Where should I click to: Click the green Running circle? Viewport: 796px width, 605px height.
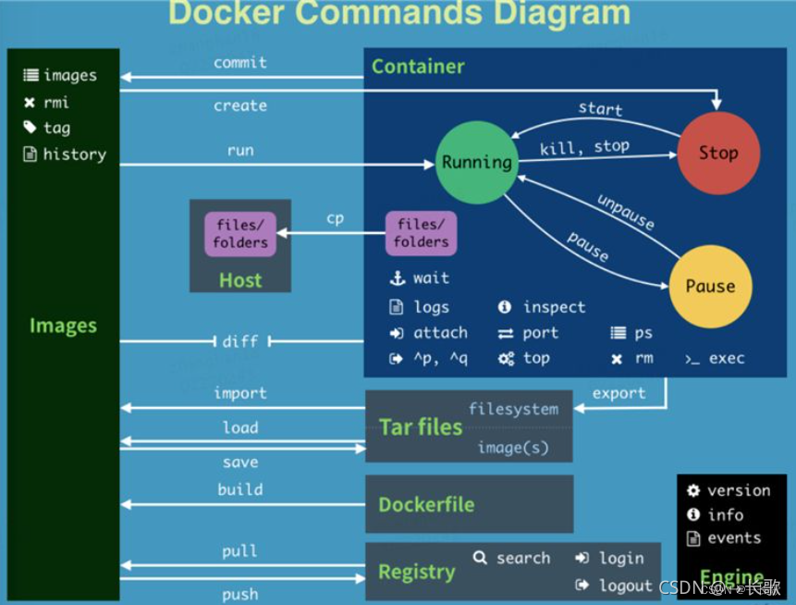click(476, 162)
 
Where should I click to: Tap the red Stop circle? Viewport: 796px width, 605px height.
click(718, 154)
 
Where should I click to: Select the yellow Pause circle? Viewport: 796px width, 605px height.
click(710, 286)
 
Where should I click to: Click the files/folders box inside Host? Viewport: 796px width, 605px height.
click(240, 233)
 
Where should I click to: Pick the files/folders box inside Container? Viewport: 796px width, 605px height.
click(421, 233)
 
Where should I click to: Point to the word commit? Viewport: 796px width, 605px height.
click(240, 63)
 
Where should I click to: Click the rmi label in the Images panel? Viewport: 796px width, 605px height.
click(55, 102)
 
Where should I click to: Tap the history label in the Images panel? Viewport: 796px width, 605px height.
click(74, 154)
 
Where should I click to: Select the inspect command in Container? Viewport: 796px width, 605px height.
click(554, 307)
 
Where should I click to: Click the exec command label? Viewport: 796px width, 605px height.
click(727, 358)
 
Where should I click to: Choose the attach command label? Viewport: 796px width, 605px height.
click(440, 333)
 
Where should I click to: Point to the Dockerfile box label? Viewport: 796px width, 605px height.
click(426, 505)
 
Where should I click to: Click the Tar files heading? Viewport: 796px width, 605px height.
click(421, 426)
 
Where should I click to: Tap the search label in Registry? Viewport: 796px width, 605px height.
click(522, 558)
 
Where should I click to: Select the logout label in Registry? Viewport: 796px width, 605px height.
click(625, 586)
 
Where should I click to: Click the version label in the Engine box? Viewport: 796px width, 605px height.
click(738, 491)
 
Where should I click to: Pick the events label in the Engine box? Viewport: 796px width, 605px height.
click(734, 537)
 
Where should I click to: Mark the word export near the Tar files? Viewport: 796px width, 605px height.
click(618, 393)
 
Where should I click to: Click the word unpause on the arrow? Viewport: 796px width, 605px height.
click(626, 213)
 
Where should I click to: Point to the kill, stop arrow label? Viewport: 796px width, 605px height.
click(584, 146)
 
